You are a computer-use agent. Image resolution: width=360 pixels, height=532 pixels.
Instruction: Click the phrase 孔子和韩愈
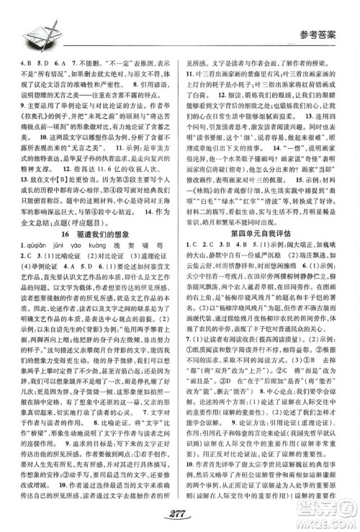click(227, 433)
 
